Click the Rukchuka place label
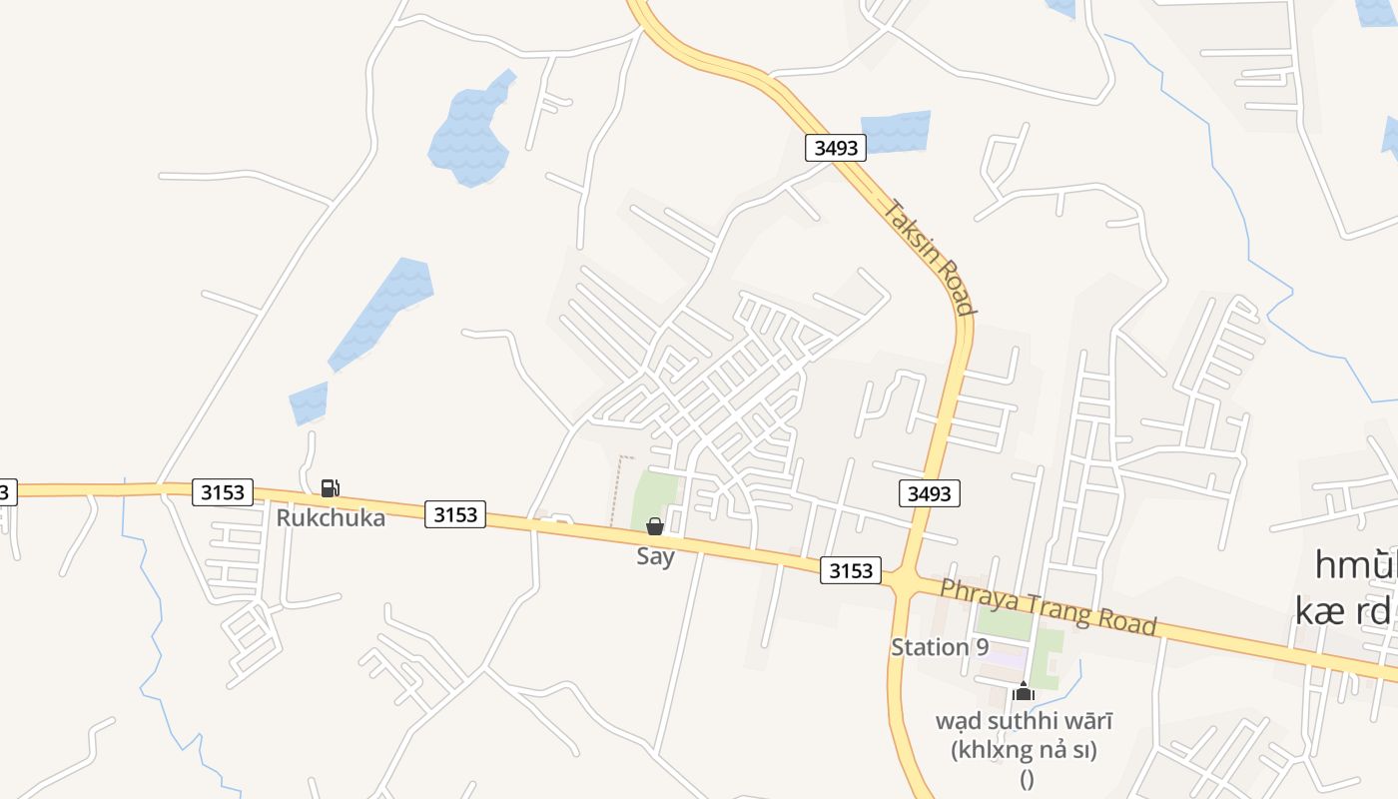tap(331, 517)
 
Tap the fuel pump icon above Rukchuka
tap(330, 488)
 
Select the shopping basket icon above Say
tap(655, 526)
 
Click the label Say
tap(655, 556)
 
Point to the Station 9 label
tap(939, 647)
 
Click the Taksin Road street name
tap(929, 257)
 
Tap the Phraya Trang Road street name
tap(1048, 606)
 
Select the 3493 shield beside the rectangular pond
tap(836, 148)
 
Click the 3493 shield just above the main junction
tap(929, 492)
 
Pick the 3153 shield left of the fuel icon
tap(223, 491)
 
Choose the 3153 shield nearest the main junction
tap(851, 570)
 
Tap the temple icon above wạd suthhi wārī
tap(1023, 691)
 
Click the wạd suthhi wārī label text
tap(1024, 720)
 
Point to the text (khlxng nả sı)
tap(1025, 750)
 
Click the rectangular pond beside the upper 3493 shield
tap(896, 132)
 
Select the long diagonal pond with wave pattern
tap(382, 313)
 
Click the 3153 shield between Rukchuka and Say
tap(455, 514)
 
